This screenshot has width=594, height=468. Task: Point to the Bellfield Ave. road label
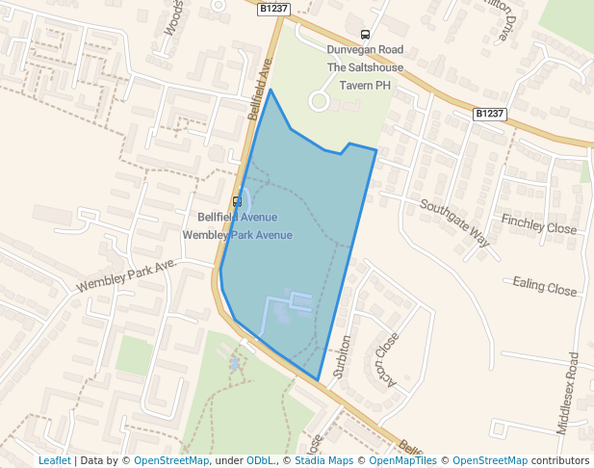tap(262, 87)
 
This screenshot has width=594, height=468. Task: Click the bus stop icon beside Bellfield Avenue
tap(237, 201)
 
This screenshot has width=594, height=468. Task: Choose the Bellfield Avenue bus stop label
tap(237, 218)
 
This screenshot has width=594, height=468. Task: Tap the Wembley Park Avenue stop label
tap(237, 235)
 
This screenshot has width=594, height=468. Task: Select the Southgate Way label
tap(454, 222)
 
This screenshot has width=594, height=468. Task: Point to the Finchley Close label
tap(538, 228)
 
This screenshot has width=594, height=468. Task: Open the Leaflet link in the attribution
tap(54, 461)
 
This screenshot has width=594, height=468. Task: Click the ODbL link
tap(260, 461)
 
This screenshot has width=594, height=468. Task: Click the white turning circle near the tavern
tap(319, 100)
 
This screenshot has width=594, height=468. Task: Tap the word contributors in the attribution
tap(560, 461)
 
